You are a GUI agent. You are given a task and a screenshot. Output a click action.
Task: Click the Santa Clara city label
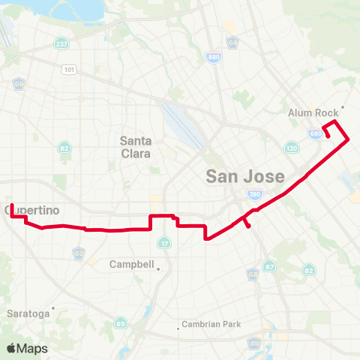point(136,146)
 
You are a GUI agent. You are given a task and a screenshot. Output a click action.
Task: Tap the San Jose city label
point(245,177)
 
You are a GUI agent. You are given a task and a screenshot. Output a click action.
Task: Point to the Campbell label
point(132,265)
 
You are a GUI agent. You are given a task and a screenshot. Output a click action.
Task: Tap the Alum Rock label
point(313,112)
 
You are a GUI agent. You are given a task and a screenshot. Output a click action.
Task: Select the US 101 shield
point(70,70)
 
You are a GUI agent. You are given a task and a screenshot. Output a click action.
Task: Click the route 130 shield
point(292,148)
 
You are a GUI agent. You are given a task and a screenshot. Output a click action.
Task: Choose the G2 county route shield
point(79,254)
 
